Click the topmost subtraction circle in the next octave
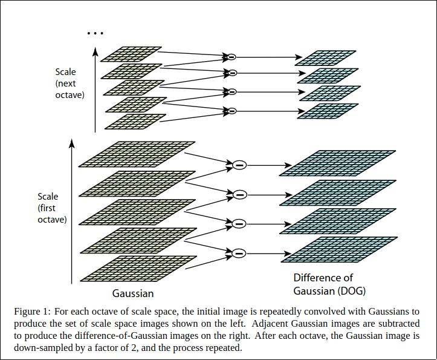point(230,57)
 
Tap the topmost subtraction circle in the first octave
point(240,165)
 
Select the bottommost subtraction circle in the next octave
point(230,111)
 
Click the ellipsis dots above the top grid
point(95,33)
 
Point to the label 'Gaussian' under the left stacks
point(133,293)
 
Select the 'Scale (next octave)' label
point(70,83)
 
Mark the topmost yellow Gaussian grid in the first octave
point(138,154)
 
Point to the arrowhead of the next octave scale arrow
point(95,51)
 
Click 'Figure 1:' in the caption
point(32,312)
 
